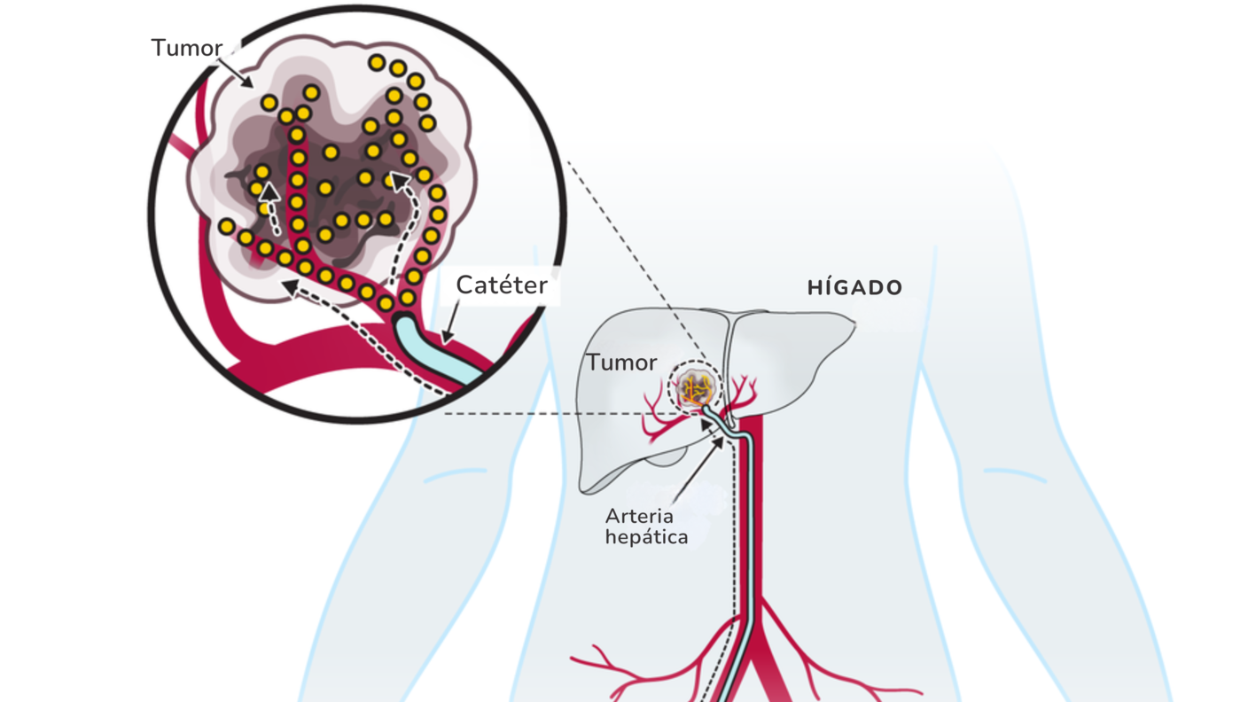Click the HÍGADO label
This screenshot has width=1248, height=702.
[x=854, y=288]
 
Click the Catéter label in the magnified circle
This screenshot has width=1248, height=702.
[x=502, y=285]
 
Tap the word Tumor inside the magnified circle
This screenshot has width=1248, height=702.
[x=186, y=48]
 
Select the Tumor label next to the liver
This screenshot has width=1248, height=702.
[x=621, y=363]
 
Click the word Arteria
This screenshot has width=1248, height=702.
[x=639, y=516]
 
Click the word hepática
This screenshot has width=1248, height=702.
[x=646, y=537]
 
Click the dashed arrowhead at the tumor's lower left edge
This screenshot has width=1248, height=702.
[x=288, y=285]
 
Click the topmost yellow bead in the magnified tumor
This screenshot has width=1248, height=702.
[x=377, y=63]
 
